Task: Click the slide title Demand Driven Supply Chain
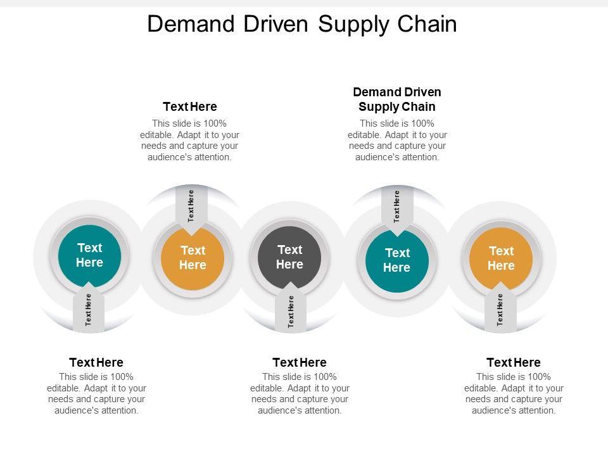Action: [x=301, y=24]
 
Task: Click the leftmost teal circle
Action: [x=89, y=255]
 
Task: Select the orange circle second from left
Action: [x=193, y=258]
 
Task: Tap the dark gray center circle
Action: [x=289, y=257]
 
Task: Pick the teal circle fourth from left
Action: [x=397, y=260]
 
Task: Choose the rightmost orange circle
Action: [x=501, y=258]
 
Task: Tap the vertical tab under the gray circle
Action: [x=291, y=311]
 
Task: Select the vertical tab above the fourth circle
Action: [x=397, y=206]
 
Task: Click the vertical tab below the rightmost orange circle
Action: [x=500, y=310]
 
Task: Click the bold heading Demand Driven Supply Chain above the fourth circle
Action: [x=397, y=99]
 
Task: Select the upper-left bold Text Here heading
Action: [x=190, y=106]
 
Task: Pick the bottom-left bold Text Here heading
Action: [x=96, y=362]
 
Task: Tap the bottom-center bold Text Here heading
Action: [x=300, y=362]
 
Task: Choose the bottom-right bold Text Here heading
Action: [x=514, y=362]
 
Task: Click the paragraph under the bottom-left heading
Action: [x=96, y=393]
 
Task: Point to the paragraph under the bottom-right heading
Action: [x=514, y=393]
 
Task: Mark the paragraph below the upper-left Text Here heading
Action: [x=189, y=140]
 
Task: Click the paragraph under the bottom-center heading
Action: [x=300, y=393]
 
